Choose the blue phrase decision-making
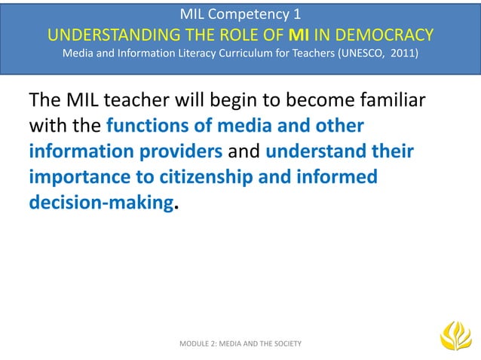(101, 200)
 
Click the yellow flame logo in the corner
(455, 336)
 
